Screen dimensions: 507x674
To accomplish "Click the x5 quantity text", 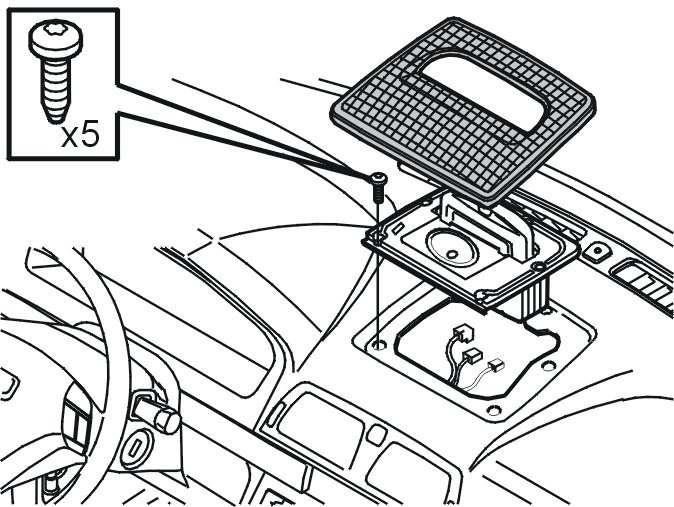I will coord(80,135).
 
